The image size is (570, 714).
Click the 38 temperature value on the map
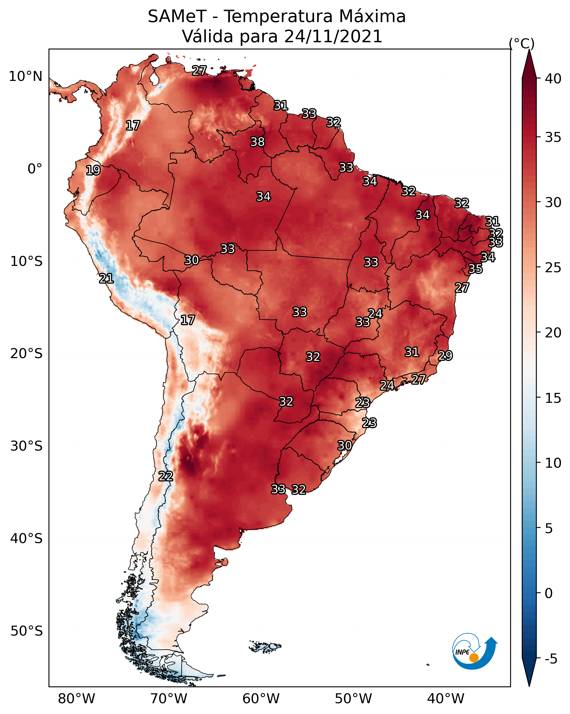pos(257,142)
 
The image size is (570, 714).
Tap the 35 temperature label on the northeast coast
pos(475,269)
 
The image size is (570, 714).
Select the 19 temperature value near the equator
pos(93,170)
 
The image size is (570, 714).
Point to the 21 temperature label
pos(106,279)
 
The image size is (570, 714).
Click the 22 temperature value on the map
pos(165,476)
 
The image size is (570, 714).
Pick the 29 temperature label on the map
pos(445,355)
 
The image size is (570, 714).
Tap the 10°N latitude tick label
pos(25,76)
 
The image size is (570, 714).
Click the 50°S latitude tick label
pos(26,631)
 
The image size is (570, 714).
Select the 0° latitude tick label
pos(35,169)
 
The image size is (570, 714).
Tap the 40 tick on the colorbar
pos(553,79)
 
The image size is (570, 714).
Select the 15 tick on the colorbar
pos(553,398)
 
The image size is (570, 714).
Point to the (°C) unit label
pos(521,43)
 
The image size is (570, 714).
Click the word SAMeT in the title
pos(177,17)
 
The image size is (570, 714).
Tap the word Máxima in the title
pos(372,17)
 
